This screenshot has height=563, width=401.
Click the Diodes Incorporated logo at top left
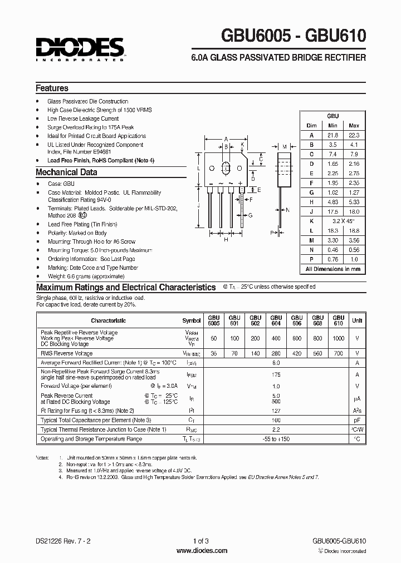pyautogui.click(x=80, y=48)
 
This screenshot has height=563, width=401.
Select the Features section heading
pyautogui.click(x=52, y=88)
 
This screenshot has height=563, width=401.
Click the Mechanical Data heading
pyautogui.click(x=66, y=172)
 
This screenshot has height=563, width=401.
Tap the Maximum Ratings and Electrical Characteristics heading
pyautogui.click(x=126, y=288)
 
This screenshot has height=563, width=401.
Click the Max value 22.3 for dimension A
pyautogui.click(x=354, y=135)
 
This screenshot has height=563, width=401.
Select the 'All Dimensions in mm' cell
pyautogui.click(x=333, y=269)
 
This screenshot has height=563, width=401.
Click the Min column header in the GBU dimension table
pyautogui.click(x=333, y=126)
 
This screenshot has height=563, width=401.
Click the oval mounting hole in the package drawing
pyautogui.click(x=227, y=168)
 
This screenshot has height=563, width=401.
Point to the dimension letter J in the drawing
pyautogui.click(x=199, y=205)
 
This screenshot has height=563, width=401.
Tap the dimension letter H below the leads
pyautogui.click(x=227, y=241)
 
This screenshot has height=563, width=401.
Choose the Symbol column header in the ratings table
pyautogui.click(x=191, y=320)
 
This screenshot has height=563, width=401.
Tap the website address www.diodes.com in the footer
pyautogui.click(x=201, y=550)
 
